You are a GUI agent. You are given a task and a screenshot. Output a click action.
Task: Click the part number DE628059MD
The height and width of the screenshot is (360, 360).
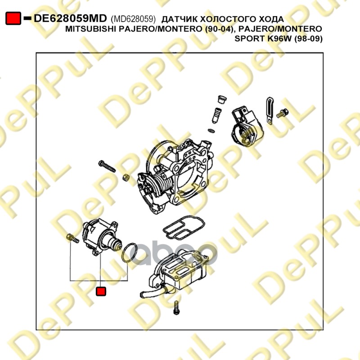pos(70,18)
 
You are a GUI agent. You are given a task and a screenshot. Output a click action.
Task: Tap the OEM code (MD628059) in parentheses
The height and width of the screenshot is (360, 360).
pos(133,19)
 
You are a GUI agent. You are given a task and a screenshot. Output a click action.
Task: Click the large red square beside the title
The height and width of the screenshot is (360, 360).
pos(13,18)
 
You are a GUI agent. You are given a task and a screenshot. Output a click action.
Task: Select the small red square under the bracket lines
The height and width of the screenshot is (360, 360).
pos(101,291)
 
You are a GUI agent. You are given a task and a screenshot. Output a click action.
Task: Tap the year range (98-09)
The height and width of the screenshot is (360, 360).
pos(308,39)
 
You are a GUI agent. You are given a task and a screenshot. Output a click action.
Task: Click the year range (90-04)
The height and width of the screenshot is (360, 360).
pos(219,29)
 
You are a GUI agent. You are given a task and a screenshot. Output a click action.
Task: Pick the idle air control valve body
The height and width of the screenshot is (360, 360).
pos(101,237)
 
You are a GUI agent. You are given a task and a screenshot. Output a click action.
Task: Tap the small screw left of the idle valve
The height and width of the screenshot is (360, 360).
pos(72,238)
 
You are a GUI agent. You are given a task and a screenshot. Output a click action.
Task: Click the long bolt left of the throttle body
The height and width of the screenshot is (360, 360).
pos(107,166)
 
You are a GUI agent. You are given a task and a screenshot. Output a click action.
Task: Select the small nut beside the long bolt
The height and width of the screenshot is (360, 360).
pos(126,177)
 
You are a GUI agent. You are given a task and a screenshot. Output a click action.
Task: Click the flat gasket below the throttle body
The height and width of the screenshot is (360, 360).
pos(184,227)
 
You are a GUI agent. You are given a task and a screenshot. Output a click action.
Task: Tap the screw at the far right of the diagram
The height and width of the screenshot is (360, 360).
pos(283,113)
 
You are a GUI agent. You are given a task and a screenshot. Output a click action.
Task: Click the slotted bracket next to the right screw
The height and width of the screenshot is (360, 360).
pos(270,111)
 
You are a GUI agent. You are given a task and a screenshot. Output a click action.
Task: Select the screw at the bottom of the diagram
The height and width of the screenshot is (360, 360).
pos(176,307)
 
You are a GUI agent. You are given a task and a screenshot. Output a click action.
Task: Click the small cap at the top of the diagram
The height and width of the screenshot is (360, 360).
pos(222,99)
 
